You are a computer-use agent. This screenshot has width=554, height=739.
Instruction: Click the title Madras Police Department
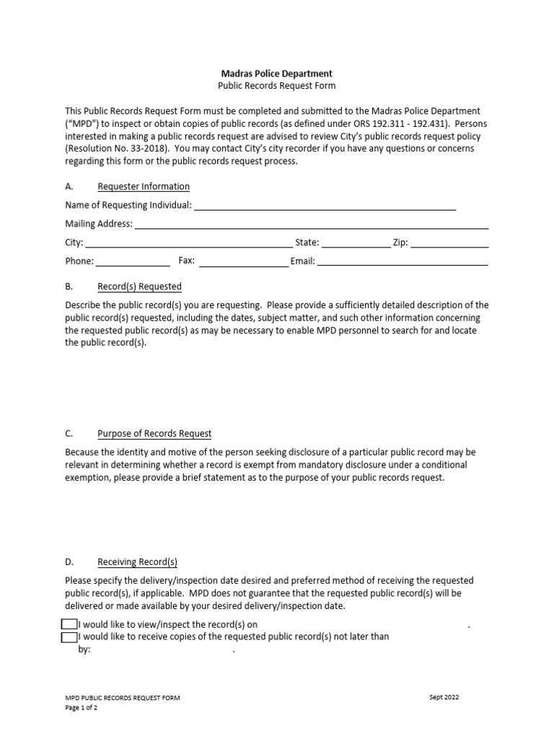276,74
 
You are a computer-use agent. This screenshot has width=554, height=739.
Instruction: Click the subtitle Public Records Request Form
276,86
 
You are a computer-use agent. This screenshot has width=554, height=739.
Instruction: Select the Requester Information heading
144,187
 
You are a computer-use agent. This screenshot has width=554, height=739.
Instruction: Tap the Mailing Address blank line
312,225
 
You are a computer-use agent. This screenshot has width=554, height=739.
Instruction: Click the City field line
189,244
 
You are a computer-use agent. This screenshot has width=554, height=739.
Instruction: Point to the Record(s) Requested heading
139,287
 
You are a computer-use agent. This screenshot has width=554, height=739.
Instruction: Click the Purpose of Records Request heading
154,434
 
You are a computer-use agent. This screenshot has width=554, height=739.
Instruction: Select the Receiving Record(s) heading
137,562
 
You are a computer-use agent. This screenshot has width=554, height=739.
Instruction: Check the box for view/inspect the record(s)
69,624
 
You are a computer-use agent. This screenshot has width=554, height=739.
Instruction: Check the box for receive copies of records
69,637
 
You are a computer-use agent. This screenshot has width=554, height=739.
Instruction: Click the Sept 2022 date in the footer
443,697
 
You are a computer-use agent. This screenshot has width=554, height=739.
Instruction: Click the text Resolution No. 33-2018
117,149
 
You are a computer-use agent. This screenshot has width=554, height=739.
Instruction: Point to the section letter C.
69,434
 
